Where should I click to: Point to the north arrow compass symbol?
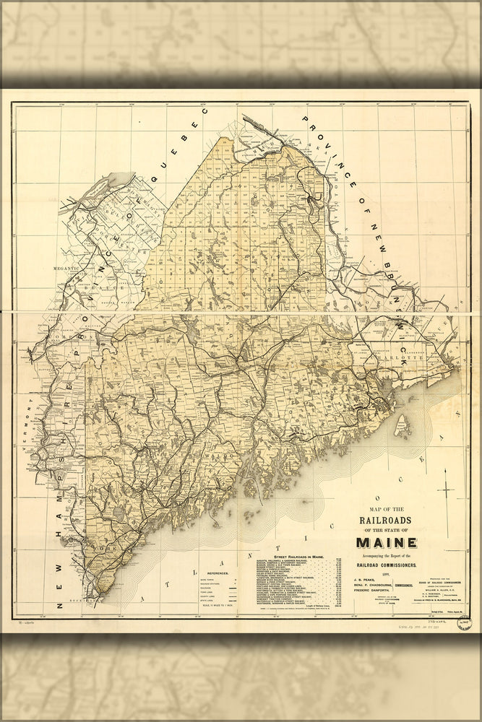[x=447, y=492]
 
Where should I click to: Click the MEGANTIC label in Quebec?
[x=64, y=268]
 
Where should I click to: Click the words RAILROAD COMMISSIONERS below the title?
[x=395, y=563]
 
